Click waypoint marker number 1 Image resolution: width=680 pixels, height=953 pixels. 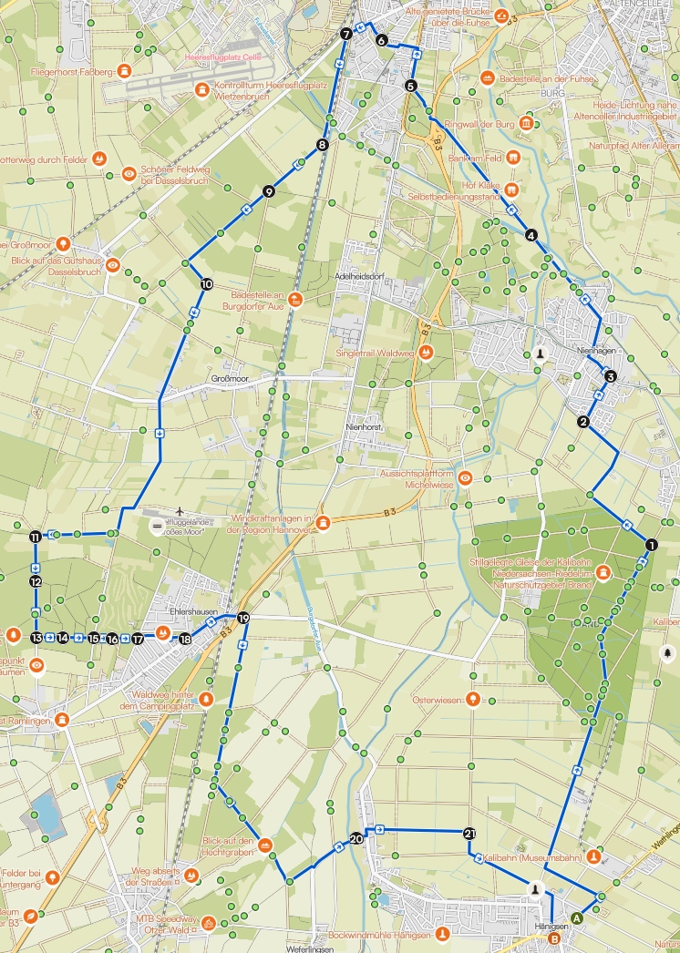pyautogui.click(x=651, y=544)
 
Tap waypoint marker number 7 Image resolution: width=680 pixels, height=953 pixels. pyautogui.click(x=345, y=34)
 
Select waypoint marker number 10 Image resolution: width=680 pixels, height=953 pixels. pyautogui.click(x=207, y=284)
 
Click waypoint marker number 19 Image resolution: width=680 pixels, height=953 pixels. pyautogui.click(x=243, y=619)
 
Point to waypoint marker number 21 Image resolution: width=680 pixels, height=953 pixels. pyautogui.click(x=469, y=833)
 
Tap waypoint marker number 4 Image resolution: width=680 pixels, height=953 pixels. pyautogui.click(x=531, y=235)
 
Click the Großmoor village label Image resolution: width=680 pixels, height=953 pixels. pyautogui.click(x=230, y=378)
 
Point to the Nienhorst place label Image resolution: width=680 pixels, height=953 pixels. pyautogui.click(x=362, y=426)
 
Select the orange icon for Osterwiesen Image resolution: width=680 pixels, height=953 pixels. pyautogui.click(x=473, y=700)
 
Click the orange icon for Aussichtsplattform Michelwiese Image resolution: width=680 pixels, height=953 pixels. pyautogui.click(x=466, y=477)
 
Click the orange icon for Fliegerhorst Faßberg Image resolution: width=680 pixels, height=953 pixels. pyautogui.click(x=124, y=70)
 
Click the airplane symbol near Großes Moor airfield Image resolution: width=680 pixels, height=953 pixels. pyautogui.click(x=181, y=510)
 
